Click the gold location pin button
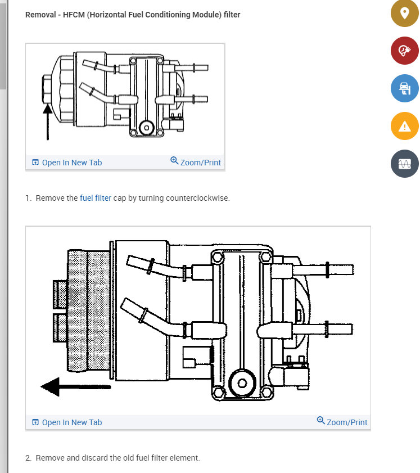pos(405,13)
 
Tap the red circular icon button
pos(405,51)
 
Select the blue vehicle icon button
pos(405,88)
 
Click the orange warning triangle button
pos(405,126)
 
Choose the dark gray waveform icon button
pos(405,164)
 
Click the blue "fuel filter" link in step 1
pos(96,198)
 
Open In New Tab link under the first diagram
pos(67,163)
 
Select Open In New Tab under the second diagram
pos(67,422)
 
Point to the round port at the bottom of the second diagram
pos(242,383)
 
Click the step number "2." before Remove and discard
pos(29,458)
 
